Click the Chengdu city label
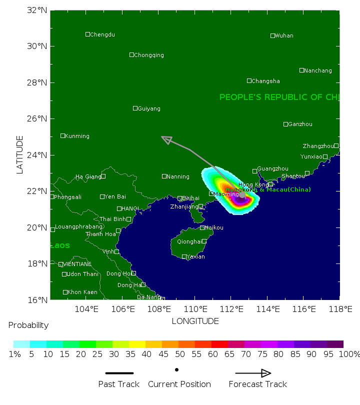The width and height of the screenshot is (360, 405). [102, 34]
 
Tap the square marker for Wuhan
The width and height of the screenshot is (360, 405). [272, 35]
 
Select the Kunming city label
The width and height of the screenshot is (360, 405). [77, 136]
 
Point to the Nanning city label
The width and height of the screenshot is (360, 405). [178, 176]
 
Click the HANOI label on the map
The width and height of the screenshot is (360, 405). [130, 208]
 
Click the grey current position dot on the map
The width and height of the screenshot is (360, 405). [242, 194]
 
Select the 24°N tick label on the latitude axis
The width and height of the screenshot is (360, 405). [37, 155]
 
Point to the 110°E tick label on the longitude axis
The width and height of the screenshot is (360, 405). [195, 308]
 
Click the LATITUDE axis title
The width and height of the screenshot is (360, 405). [20, 154]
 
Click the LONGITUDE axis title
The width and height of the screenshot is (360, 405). [195, 321]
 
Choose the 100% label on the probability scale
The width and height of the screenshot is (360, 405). [350, 354]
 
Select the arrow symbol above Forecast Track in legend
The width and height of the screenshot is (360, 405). [253, 373]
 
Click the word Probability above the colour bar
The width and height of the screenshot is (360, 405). [28, 325]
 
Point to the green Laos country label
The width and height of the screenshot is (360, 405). [60, 245]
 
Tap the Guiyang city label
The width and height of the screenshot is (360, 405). [149, 108]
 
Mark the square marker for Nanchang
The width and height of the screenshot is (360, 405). [301, 70]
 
